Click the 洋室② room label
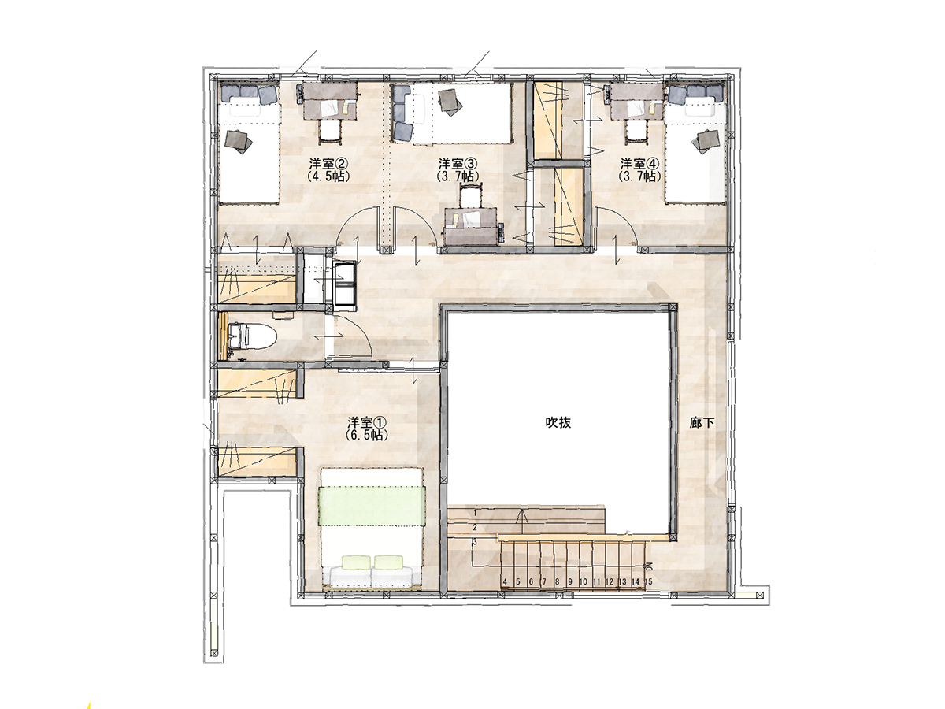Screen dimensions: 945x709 (328, 164)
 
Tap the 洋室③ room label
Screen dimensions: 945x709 (458, 164)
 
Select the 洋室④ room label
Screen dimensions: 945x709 (639, 164)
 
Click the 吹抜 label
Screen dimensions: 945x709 (558, 423)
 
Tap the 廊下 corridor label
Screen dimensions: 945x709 (702, 423)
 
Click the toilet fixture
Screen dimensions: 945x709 (252, 336)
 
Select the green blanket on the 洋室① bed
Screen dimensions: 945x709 (371, 506)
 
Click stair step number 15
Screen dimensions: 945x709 (648, 581)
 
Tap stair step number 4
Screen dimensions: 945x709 (505, 581)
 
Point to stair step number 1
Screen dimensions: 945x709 (476, 513)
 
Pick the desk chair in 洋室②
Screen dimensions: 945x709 (330, 131)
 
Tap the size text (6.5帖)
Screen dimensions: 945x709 (367, 435)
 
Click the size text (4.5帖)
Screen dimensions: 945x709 (328, 176)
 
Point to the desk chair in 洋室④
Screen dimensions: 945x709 (636, 131)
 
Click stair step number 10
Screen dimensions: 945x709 (583, 581)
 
